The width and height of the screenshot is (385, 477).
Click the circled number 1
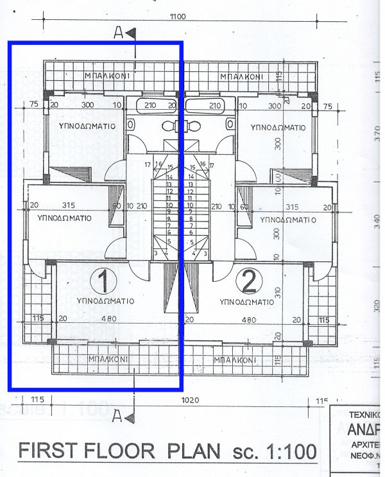pyautogui.click(x=101, y=281)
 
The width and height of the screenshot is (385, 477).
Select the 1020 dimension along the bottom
pyautogui.click(x=190, y=400)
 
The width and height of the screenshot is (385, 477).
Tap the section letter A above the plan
pyautogui.click(x=118, y=34)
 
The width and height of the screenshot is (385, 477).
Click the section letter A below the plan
pyautogui.click(x=117, y=417)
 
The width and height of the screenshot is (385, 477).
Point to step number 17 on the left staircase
pyautogui.click(x=148, y=165)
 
